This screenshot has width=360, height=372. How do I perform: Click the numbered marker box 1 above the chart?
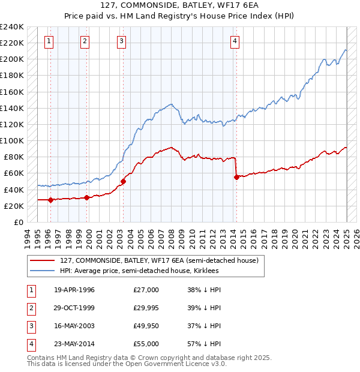[x=49, y=41]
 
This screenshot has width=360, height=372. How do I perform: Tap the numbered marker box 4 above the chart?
[x=235, y=41]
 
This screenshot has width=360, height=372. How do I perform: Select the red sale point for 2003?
[x=123, y=181]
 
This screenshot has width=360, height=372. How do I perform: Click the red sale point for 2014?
[x=236, y=177]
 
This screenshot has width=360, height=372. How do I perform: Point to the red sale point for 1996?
[x=50, y=200]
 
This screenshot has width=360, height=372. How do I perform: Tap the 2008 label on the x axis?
[x=172, y=238]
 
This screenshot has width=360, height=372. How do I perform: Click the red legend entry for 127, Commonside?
[x=159, y=261]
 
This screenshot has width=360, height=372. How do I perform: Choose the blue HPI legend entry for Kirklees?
[x=139, y=271]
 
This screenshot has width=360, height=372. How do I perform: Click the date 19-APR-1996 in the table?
[x=74, y=290]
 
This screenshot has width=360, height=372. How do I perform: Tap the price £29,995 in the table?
[x=146, y=308]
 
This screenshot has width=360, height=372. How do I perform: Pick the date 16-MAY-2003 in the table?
[x=74, y=326]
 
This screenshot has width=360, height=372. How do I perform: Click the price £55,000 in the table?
[x=146, y=344]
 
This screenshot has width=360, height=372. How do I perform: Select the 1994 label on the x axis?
[x=27, y=238]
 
